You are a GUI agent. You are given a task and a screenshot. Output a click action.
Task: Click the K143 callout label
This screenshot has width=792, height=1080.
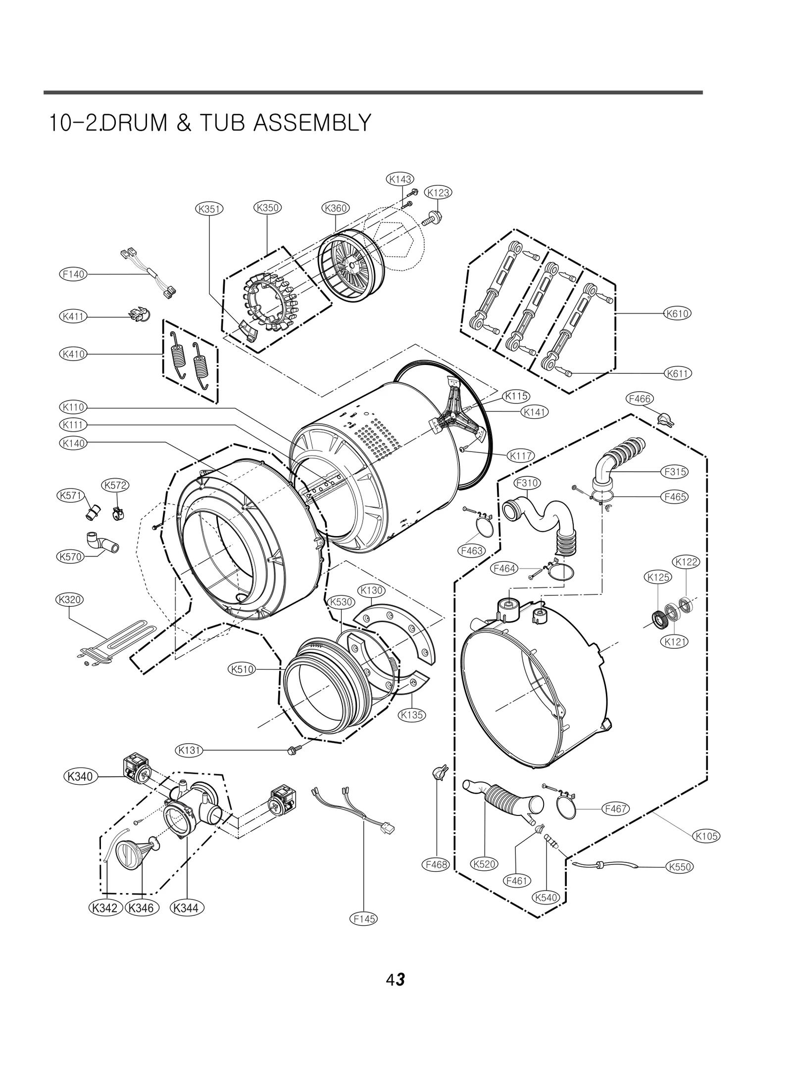[400, 179]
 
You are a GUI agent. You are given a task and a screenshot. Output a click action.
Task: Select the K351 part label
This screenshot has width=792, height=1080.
[209, 209]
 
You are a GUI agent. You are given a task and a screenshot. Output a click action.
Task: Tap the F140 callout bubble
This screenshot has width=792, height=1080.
[73, 274]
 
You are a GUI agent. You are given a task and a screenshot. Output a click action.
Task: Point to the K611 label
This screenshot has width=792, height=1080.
[678, 374]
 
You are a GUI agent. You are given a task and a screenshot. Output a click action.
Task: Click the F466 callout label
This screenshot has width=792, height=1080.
[639, 399]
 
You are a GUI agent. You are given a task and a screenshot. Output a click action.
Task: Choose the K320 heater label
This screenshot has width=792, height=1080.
[69, 600]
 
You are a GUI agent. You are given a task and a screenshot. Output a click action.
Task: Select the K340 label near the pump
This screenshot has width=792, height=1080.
[80, 776]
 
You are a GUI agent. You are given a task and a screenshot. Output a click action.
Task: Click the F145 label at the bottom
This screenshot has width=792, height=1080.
[364, 919]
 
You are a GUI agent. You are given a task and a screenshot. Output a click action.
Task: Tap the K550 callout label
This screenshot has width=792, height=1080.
[680, 866]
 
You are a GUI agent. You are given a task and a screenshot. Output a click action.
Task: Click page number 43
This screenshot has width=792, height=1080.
[396, 980]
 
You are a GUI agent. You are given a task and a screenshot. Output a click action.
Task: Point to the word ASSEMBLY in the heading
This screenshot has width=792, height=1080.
[311, 123]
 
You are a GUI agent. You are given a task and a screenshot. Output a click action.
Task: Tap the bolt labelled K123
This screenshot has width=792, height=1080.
[434, 217]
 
